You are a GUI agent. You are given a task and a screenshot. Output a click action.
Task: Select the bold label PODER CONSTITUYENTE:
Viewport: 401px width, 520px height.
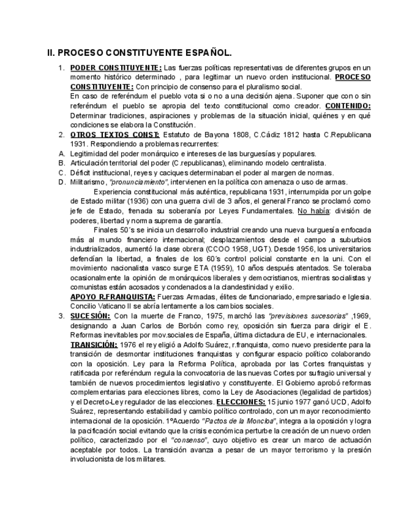(x=116, y=67)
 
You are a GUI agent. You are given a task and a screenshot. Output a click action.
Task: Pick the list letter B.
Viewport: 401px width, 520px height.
(x=61, y=162)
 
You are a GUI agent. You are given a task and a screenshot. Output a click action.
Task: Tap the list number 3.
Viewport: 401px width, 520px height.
(x=61, y=315)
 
